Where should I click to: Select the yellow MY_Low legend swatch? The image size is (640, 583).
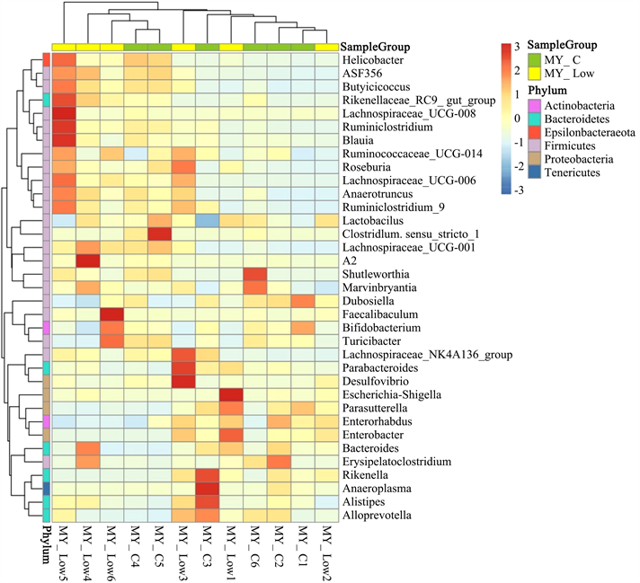pyautogui.click(x=534, y=72)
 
